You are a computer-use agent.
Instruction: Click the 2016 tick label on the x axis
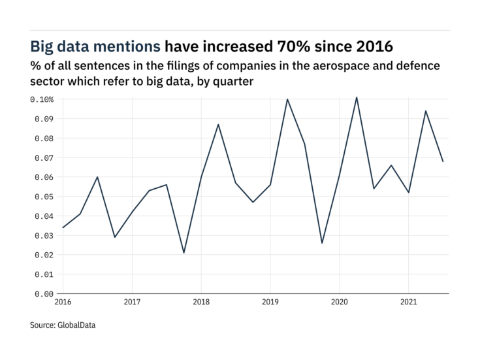point(63,303)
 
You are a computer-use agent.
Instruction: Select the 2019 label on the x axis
point(270,303)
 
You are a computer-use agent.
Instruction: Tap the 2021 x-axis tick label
point(408,303)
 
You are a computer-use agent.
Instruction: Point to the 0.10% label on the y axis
point(42,99)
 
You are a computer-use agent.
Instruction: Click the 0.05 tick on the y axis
point(44,197)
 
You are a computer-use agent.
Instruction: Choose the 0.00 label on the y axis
point(44,294)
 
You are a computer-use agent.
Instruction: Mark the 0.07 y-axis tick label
point(44,158)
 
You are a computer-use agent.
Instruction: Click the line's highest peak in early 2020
point(357,97)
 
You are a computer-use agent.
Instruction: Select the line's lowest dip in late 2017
point(184,253)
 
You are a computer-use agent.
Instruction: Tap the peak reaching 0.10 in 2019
point(287,99)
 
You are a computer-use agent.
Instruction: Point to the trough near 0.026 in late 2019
point(322,243)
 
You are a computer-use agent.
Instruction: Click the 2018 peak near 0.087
point(218,125)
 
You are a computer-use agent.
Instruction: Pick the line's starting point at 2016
point(63,227)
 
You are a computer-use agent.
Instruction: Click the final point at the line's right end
point(443,161)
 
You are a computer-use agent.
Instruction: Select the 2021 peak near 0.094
point(426,111)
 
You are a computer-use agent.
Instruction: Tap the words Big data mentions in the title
point(95,46)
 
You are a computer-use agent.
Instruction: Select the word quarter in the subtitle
point(232,82)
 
